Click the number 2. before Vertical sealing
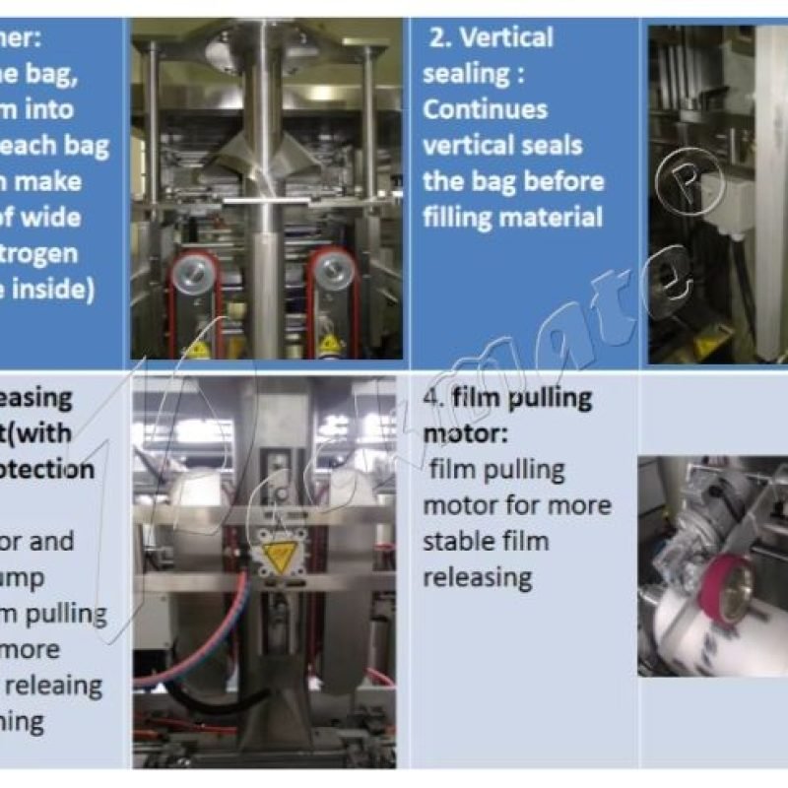(x=439, y=38)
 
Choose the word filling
(x=458, y=217)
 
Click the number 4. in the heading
(x=432, y=399)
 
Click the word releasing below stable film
(x=477, y=576)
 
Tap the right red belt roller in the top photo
(x=329, y=267)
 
